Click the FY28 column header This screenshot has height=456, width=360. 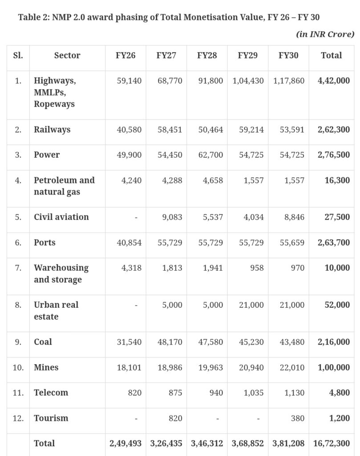click(x=207, y=56)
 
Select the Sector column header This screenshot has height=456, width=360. click(x=67, y=56)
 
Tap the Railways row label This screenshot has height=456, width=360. click(x=52, y=130)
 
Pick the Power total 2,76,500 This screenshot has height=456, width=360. click(x=334, y=155)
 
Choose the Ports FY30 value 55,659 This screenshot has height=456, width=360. click(x=292, y=243)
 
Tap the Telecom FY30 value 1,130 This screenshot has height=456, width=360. click(x=293, y=393)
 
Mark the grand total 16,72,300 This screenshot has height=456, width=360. click(x=332, y=444)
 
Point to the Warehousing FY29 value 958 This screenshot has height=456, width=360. click(x=256, y=268)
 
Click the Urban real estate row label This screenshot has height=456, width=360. click(x=56, y=310)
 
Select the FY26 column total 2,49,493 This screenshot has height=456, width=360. click(x=126, y=444)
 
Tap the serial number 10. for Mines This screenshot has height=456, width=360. click(x=18, y=367)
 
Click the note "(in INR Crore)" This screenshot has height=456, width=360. click(x=325, y=34)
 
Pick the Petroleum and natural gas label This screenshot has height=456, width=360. click(x=64, y=186)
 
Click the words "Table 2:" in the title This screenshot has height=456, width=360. click(x=34, y=18)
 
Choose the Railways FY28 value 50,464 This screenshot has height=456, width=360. click(x=210, y=130)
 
